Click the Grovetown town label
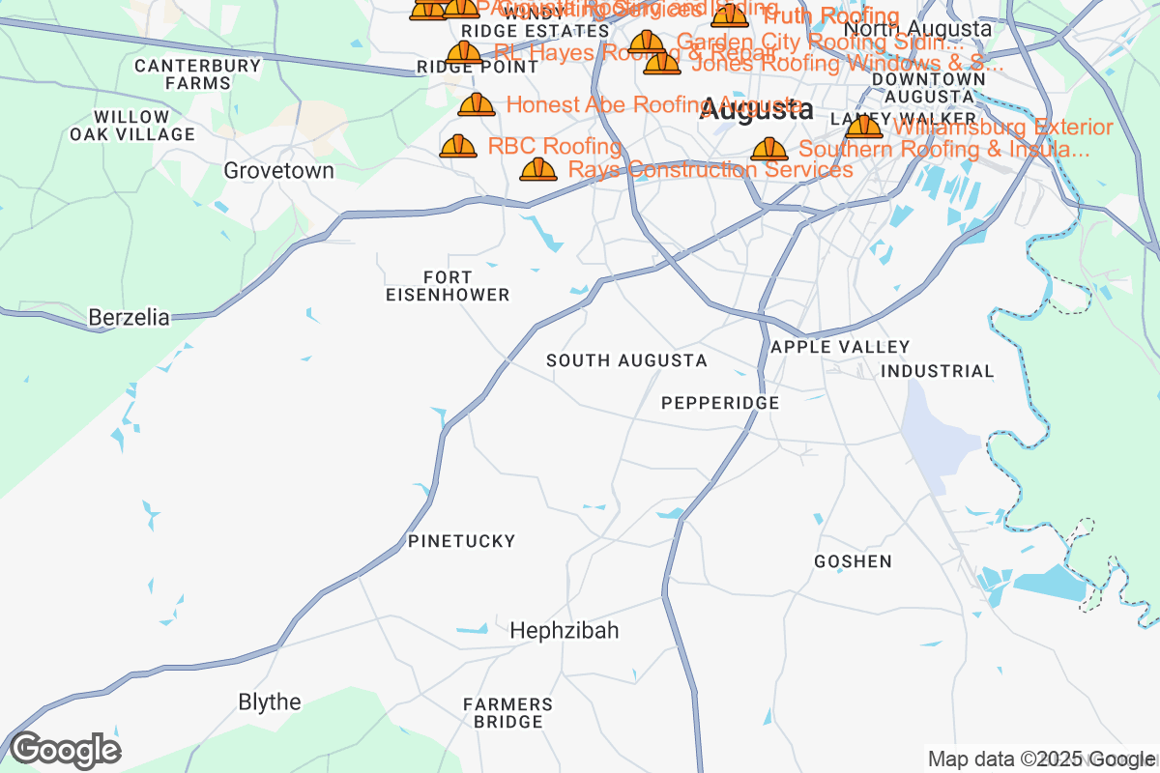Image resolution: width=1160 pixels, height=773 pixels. [278, 171]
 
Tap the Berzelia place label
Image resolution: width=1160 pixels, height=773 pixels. [129, 317]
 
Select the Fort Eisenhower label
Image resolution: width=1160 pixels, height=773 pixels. [447, 286]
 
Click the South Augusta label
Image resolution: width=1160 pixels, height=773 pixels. [626, 360]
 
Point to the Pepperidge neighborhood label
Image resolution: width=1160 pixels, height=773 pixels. [720, 403]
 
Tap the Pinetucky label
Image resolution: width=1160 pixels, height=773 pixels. [461, 541]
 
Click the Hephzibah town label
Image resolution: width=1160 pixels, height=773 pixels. [564, 631]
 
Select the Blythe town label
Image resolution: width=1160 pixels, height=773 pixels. [270, 701]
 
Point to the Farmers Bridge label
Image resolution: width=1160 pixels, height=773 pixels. [507, 713]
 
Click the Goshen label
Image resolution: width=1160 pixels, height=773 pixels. [853, 561]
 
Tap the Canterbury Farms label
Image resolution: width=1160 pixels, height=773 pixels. [197, 74]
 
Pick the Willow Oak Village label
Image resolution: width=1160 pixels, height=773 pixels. [131, 126]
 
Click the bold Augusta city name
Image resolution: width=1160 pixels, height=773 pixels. [756, 110]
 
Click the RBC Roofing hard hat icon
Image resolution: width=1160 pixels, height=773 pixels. [458, 147]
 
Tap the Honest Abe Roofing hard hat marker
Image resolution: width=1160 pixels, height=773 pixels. [477, 105]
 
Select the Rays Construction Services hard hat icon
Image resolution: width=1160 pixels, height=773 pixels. [538, 170]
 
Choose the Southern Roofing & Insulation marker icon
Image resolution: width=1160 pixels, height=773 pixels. [769, 150]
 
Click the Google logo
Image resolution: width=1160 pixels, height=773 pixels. [65, 750]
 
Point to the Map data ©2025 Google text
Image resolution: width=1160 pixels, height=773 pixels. [1042, 759]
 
